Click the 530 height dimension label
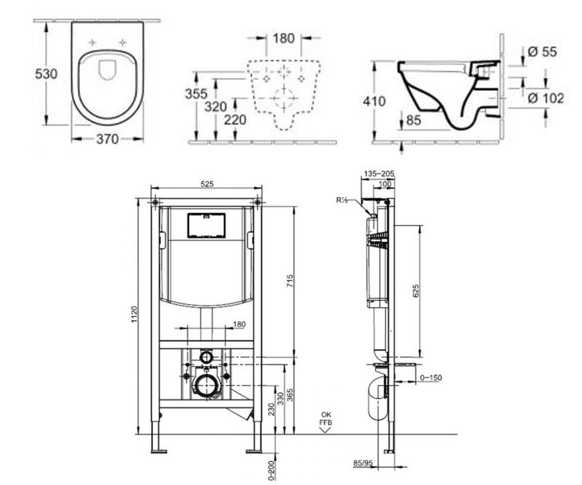[x=46, y=74]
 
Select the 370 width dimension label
[x=107, y=139]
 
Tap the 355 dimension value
[x=196, y=94]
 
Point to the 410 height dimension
[x=374, y=101]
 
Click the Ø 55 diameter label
[x=542, y=52]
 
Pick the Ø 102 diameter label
[x=546, y=98]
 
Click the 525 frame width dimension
[x=207, y=184]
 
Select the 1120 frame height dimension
[x=134, y=314]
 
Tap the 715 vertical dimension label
[x=290, y=281]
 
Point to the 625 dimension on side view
[x=416, y=291]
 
